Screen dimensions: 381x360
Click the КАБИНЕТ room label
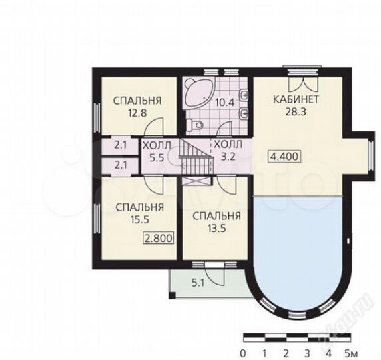[x=296, y=99]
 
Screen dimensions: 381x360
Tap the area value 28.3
[x=296, y=112]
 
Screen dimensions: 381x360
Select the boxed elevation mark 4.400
[x=284, y=157]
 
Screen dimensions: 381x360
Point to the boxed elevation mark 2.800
[x=159, y=238]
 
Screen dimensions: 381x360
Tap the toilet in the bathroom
[x=195, y=125]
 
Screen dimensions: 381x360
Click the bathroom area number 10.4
[x=225, y=103]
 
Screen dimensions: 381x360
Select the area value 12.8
[x=137, y=113]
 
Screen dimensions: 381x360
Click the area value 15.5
[x=139, y=219]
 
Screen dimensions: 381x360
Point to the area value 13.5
[x=217, y=228]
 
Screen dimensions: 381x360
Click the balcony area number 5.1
[x=198, y=283]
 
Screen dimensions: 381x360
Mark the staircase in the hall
[x=196, y=156]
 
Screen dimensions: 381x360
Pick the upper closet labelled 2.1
[x=120, y=145]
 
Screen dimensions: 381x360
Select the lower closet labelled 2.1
[x=120, y=166]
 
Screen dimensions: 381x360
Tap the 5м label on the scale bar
[x=352, y=352]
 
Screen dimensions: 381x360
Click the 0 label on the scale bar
[x=242, y=352]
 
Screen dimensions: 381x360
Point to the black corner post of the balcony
[x=172, y=295]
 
